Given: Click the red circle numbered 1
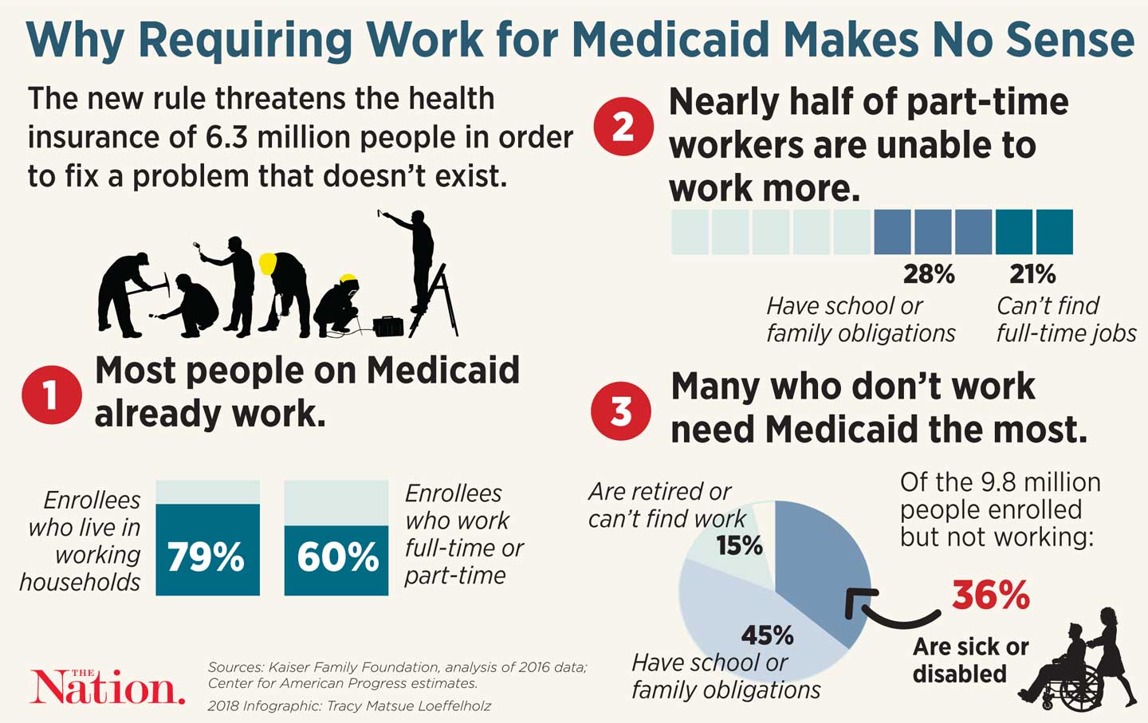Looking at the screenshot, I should click(x=51, y=395).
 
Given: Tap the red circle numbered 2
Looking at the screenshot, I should click(x=623, y=126).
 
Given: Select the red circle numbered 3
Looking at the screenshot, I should click(x=620, y=411).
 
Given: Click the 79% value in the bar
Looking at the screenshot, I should click(x=206, y=556).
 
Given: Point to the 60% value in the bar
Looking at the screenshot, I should click(x=337, y=556).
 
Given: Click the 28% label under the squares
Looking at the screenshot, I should click(x=929, y=274).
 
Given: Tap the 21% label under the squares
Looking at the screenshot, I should click(x=1032, y=274).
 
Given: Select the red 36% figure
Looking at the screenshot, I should click(x=991, y=595).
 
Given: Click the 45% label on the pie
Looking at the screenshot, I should click(x=767, y=635).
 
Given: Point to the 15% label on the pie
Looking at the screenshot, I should click(x=739, y=546).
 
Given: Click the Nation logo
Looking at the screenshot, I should click(x=108, y=687).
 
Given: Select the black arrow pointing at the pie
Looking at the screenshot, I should click(x=885, y=610).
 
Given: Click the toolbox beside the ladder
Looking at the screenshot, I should click(x=388, y=325).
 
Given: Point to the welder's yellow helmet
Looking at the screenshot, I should click(x=348, y=281).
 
